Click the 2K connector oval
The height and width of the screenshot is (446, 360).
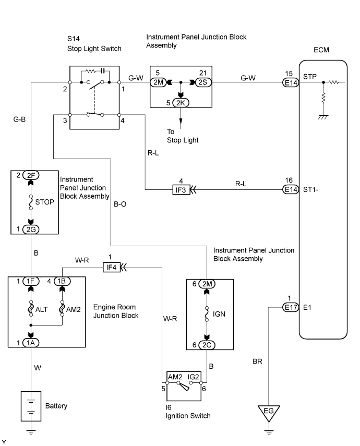click(181, 102)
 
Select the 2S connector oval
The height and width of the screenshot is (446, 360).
click(202, 82)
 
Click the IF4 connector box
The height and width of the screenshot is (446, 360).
click(110, 268)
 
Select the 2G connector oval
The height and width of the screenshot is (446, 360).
click(31, 229)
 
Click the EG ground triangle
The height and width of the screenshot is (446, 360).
click(269, 413)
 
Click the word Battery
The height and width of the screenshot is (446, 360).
click(56, 405)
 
